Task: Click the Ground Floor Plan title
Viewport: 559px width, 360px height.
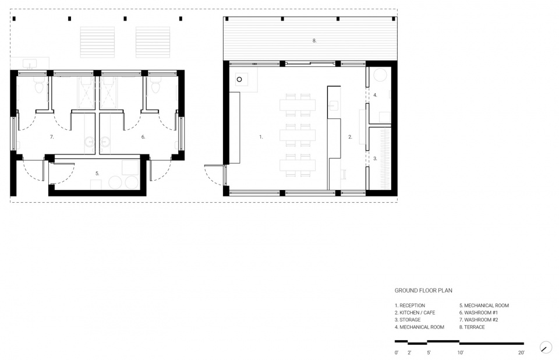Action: (423, 291)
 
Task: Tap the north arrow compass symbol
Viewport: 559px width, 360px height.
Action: (546, 347)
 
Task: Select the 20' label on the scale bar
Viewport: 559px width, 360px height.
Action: (521, 352)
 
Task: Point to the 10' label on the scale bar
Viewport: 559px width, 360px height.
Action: (461, 352)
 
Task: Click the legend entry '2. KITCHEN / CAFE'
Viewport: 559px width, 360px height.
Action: (415, 313)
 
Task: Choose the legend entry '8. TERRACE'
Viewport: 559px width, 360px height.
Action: (472, 327)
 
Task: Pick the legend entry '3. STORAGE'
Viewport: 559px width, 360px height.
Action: (408, 320)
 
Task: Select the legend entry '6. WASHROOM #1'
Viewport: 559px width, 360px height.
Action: (479, 313)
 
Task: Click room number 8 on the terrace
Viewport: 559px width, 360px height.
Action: (314, 41)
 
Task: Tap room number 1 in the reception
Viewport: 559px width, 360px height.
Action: (261, 137)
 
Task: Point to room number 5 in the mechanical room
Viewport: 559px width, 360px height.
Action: (97, 174)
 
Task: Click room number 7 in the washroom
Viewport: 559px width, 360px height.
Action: (52, 137)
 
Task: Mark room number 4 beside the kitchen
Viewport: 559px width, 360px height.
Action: (375, 95)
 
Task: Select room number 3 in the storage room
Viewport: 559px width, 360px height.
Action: (375, 158)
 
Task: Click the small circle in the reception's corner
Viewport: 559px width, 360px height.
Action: (239, 79)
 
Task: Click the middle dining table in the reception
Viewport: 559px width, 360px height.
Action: (298, 136)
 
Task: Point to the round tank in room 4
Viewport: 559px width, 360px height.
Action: (380, 75)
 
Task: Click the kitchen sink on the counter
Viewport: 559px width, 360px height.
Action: (334, 106)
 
